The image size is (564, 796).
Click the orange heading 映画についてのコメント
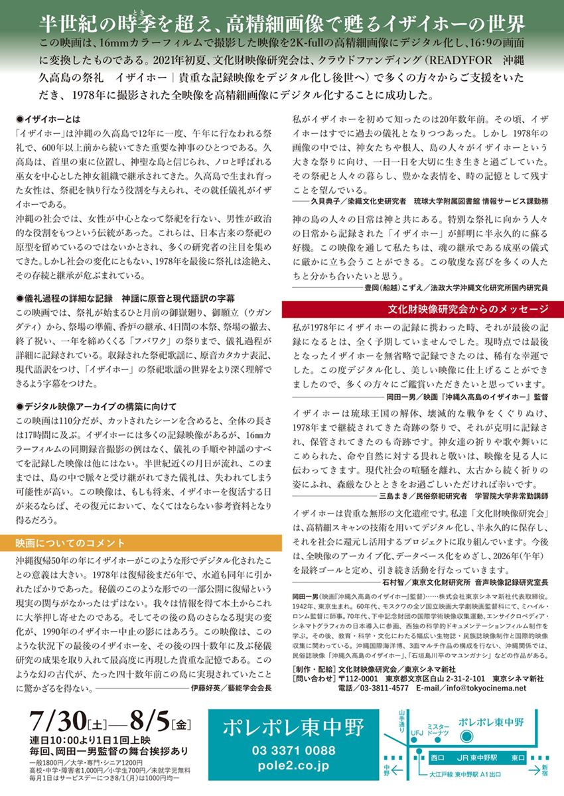70,542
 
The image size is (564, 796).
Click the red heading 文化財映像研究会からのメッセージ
468,309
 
